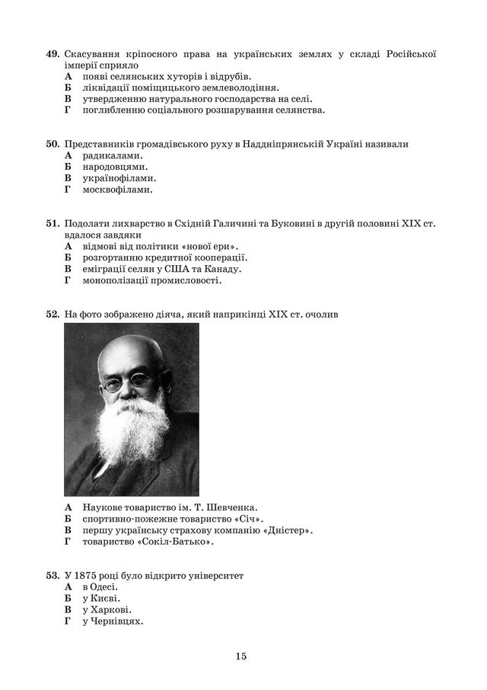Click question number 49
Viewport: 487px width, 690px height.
tap(52, 54)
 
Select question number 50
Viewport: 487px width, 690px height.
tap(52, 144)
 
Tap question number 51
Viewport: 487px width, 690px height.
tap(52, 224)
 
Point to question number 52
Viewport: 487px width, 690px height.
tap(52, 314)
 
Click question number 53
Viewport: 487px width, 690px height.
tap(52, 576)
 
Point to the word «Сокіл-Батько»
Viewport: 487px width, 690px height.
tap(178, 541)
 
